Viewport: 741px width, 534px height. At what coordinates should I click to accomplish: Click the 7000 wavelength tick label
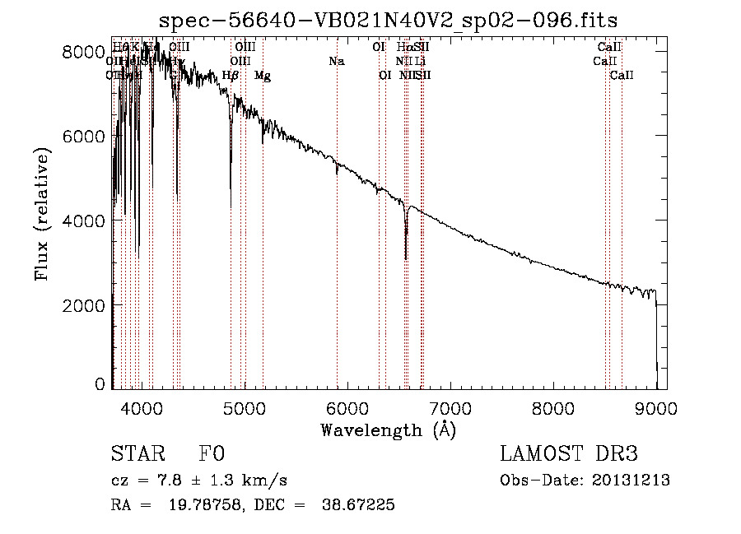tap(450, 406)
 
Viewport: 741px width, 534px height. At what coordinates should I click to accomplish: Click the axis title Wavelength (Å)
tap(388, 430)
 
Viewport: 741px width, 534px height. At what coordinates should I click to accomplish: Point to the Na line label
tap(336, 61)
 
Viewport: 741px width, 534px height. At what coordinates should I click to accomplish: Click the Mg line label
tap(263, 76)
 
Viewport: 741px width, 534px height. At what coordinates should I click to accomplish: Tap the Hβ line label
tap(231, 76)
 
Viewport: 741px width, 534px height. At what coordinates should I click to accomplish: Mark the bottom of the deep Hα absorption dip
tap(406, 258)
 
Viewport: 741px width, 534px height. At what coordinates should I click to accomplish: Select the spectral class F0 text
tap(212, 455)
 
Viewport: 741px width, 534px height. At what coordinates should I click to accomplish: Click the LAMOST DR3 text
tap(569, 455)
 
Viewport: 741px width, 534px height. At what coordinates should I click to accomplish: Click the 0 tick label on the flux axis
tap(99, 383)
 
